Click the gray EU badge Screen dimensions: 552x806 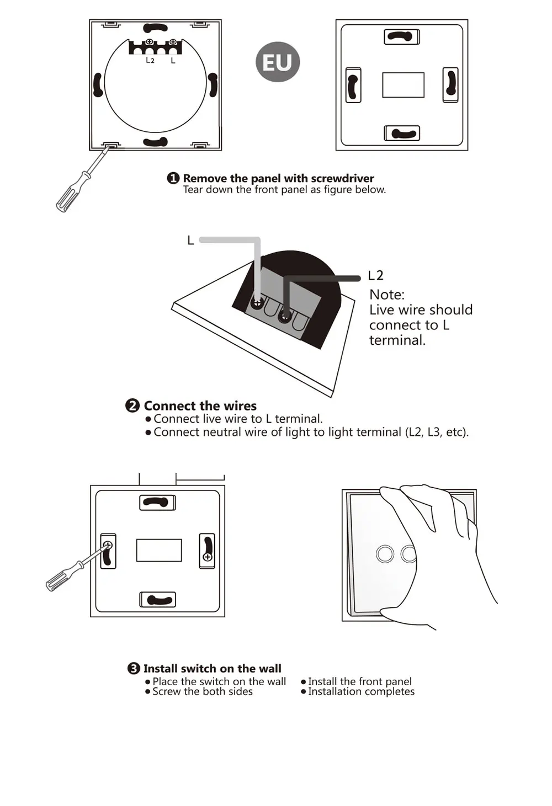click(x=278, y=62)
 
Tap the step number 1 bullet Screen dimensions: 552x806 click(x=173, y=178)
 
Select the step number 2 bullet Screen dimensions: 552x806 click(x=132, y=405)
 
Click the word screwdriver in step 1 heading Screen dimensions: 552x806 click(x=342, y=178)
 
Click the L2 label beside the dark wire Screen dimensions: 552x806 click(x=375, y=276)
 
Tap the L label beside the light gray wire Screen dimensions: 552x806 click(x=191, y=240)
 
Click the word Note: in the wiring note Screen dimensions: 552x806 click(x=387, y=295)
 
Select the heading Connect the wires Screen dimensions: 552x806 click(x=200, y=406)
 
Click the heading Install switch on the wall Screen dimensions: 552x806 click(x=213, y=669)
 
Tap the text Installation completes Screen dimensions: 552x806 click(x=361, y=692)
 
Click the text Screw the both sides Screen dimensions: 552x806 click(x=203, y=692)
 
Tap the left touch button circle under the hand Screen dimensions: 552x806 click(x=385, y=553)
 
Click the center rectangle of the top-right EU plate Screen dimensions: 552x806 click(x=404, y=85)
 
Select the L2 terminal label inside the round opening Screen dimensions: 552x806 click(x=150, y=60)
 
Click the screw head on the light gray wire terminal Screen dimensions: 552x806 click(x=257, y=303)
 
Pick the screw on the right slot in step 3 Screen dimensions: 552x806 click(x=208, y=557)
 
